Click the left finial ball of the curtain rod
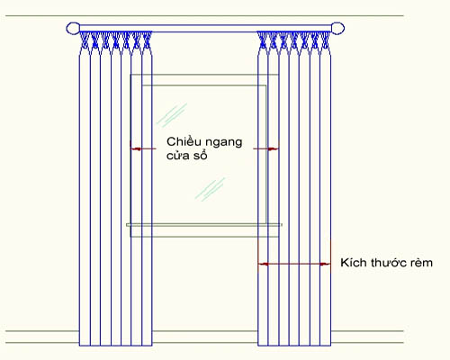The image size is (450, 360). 73,29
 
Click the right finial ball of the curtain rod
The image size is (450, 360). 337,29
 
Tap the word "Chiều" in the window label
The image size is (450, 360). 180,141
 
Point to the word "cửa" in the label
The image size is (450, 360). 177,156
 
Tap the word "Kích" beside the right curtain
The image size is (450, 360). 354,263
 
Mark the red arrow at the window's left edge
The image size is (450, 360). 143,148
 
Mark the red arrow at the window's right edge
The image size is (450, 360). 266,148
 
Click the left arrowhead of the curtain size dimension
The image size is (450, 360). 263,264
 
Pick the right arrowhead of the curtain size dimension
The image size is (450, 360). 325,264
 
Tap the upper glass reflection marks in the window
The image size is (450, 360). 172,114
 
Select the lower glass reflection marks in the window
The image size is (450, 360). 210,189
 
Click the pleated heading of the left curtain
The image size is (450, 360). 115,43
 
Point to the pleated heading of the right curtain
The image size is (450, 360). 294,43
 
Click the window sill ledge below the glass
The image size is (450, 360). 204,224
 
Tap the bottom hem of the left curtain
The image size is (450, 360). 115,346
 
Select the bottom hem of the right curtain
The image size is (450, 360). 294,346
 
